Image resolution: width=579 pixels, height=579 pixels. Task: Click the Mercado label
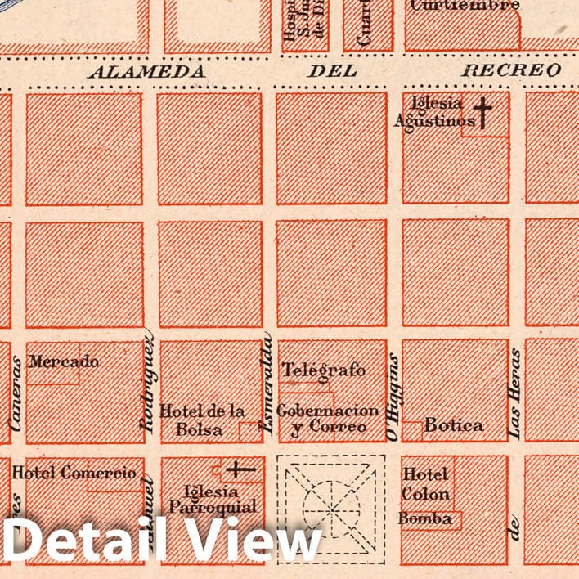coord(64,361)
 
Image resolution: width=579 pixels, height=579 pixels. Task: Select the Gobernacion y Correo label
coord(328,418)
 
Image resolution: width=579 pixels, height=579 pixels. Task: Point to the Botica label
coord(454,425)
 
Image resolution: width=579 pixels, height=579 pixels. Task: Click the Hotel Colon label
coord(425,484)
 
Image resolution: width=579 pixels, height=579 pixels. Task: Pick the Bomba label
coord(425,518)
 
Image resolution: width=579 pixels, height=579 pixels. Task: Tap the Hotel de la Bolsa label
coord(203,420)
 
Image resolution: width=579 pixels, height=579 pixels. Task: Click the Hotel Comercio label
coord(74,473)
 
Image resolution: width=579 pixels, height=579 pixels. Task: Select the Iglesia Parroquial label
coord(213,499)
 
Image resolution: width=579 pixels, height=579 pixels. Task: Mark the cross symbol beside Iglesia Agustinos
coord(483,113)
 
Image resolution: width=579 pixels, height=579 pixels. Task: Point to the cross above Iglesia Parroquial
coord(240,469)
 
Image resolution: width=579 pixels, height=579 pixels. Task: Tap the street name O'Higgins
coord(393,397)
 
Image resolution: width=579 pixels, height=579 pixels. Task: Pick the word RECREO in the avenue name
coord(511,70)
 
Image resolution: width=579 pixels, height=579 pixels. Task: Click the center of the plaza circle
coord(331,509)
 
